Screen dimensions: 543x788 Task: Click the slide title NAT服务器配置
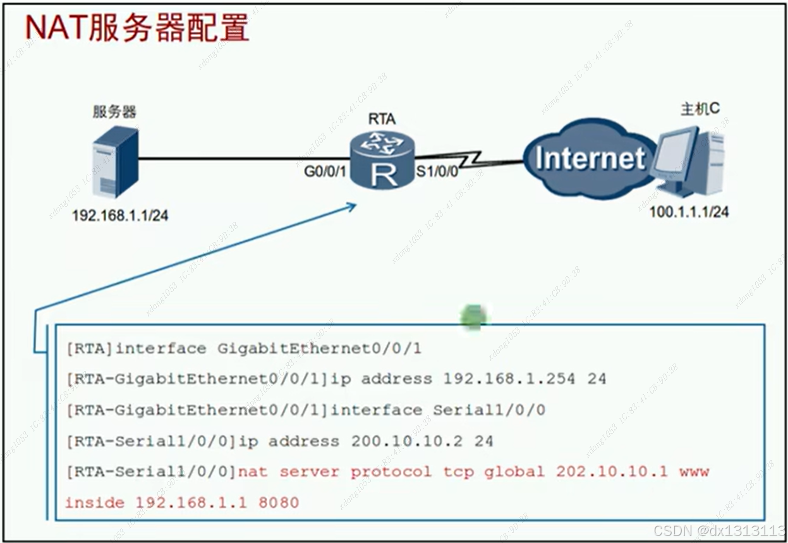tap(136, 28)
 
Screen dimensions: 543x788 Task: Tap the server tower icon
tap(114, 162)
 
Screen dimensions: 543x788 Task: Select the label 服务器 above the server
tap(114, 113)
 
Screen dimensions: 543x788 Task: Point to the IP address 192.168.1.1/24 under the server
tap(120, 216)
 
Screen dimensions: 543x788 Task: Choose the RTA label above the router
tap(381, 118)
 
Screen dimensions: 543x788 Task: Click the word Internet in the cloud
tap(590, 158)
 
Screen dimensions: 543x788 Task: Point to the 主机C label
tap(700, 109)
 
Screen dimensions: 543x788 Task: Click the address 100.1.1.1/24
tap(689, 212)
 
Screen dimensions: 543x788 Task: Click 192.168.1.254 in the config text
tap(509, 379)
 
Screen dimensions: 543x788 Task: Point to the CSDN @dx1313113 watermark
tap(718, 530)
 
